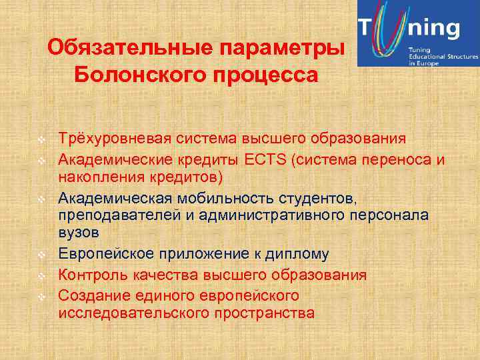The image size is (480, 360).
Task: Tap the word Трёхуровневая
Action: (x=115, y=138)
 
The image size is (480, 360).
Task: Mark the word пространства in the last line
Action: (x=265, y=313)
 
